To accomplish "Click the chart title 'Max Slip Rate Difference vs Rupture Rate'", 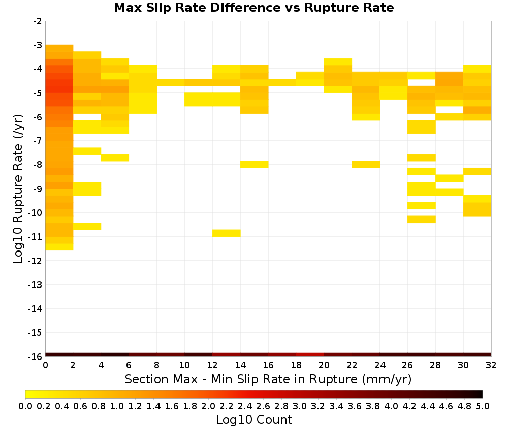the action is pos(253,8).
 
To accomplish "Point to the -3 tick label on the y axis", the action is pos(38,45).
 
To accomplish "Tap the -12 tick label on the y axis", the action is pos(35,261).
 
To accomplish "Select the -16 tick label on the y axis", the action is pos(35,356).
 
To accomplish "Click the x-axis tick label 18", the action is pos(296,365).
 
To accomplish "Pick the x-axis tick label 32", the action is pos(491,365).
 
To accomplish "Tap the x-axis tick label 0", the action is pos(45,365).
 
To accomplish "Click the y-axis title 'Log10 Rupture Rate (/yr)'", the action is pos(18,189).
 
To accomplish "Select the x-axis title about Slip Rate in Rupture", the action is pos(268,379).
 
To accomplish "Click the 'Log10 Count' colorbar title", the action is pos(253,420).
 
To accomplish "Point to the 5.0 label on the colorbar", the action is pos(483,406).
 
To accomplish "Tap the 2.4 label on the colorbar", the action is pos(245,406).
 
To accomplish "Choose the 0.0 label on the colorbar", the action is pos(25,406).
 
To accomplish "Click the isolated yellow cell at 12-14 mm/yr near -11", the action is pos(227,233).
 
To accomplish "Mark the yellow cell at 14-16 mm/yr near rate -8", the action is pos(255,165).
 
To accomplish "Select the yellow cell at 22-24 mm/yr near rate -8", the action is pos(366,165).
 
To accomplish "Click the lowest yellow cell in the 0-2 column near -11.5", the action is pos(59,247).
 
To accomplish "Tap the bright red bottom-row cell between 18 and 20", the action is pos(310,355).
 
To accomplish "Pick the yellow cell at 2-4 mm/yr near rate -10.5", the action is pos(87,226).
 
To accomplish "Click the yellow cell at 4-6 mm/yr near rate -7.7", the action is pos(115,158).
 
